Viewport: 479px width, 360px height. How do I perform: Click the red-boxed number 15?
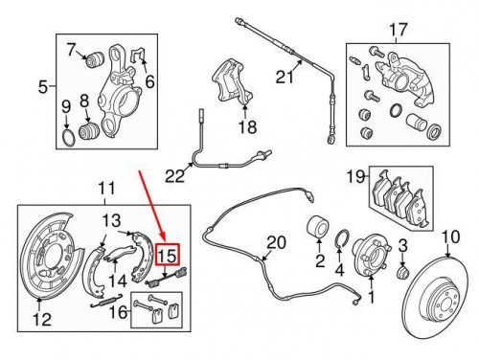(x=168, y=256)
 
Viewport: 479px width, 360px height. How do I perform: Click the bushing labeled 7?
(x=94, y=62)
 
